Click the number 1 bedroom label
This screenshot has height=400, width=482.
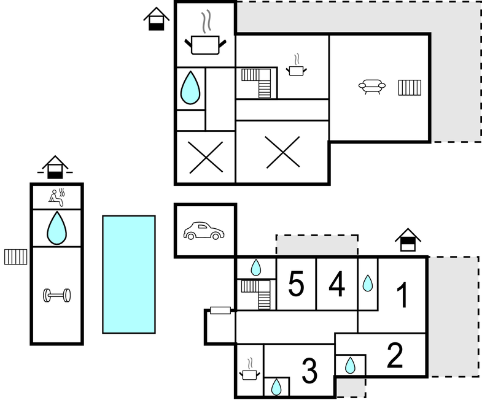(403, 295)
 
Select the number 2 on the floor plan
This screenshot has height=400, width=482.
(395, 355)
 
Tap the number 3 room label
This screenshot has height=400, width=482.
(309, 370)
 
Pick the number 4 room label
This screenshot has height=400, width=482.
(336, 284)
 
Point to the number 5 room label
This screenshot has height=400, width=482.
(296, 284)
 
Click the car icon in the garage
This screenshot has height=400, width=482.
(204, 231)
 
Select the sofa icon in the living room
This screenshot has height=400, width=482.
(372, 87)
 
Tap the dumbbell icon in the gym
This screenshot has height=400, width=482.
(56, 296)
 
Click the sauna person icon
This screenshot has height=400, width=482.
(56, 196)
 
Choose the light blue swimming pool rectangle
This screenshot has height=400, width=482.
(128, 274)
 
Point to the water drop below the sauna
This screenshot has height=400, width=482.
(56, 228)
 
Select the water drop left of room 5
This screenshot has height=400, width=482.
(256, 267)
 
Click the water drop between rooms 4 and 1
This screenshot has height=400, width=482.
(367, 283)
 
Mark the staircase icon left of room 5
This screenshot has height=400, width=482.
(256, 294)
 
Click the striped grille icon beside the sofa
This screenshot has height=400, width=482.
(409, 88)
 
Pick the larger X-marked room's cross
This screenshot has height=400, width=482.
(282, 152)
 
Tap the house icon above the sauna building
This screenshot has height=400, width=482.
(55, 166)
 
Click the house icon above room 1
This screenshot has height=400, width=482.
(408, 239)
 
